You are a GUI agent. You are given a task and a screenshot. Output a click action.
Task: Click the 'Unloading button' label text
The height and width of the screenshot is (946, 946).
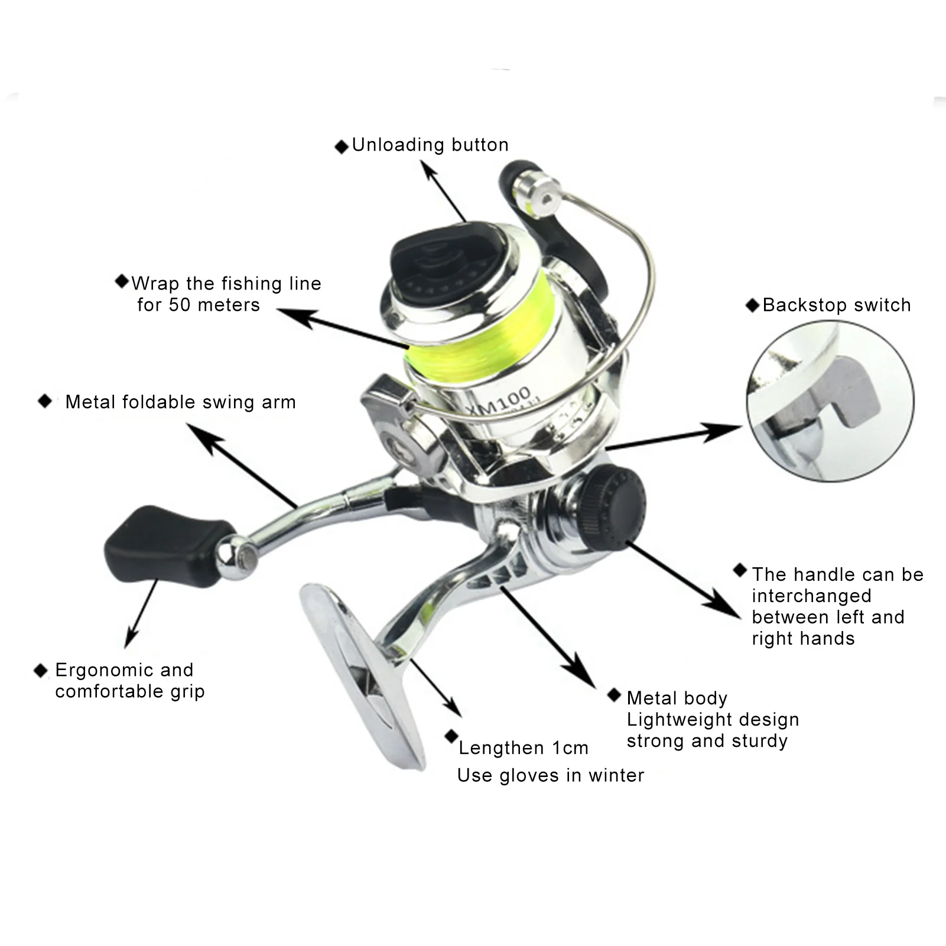point(430,145)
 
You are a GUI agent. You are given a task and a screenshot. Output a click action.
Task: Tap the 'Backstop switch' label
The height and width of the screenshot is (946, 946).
point(836,305)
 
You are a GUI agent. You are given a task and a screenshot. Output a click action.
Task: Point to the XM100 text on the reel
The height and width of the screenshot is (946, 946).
point(498,401)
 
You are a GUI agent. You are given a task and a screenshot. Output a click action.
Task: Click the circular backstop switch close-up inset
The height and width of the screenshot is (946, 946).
point(830,401)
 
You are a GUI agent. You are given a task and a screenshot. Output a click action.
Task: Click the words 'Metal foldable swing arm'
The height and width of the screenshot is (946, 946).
point(180,402)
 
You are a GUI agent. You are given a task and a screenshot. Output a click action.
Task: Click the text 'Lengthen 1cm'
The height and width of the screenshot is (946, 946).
point(523,748)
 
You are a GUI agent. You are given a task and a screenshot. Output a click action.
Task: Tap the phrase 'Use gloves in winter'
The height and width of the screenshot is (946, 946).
point(550,775)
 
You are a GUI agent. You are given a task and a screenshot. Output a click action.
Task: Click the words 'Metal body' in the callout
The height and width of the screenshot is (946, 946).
point(677,698)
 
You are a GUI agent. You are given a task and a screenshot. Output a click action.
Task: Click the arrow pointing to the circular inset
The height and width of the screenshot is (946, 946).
point(674,437)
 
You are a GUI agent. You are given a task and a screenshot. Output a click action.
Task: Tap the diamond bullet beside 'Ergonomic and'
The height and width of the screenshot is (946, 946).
point(41,670)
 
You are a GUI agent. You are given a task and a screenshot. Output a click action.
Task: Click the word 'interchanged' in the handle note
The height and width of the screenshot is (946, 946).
point(811,596)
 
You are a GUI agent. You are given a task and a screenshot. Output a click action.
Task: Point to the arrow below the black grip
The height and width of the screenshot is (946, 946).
point(141,615)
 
